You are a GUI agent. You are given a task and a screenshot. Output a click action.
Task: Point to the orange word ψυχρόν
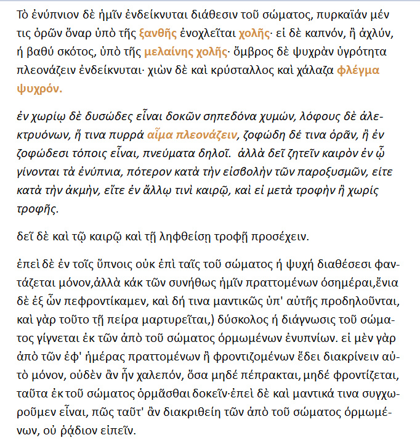pos(41,87)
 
